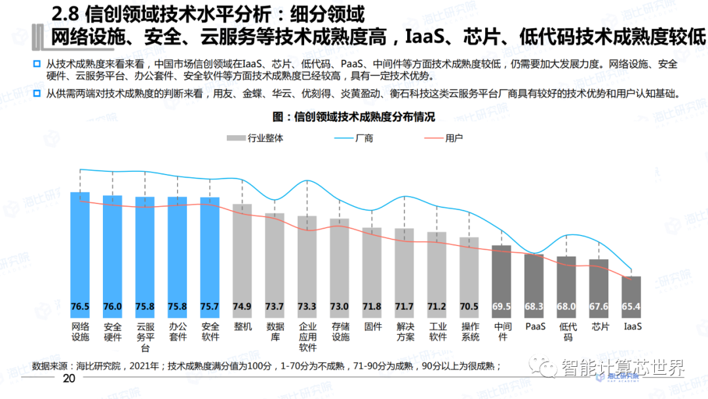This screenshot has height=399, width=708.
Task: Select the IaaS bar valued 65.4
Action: [x=631, y=295]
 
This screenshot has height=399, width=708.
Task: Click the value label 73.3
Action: [x=307, y=306]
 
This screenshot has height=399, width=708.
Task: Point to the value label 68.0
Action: [x=566, y=306]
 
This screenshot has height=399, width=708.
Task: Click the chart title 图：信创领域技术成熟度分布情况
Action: [x=354, y=116]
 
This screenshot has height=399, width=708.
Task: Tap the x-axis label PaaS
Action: [x=534, y=326]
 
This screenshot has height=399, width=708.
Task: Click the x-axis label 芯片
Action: [x=599, y=326]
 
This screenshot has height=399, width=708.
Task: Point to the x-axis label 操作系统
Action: [x=469, y=331]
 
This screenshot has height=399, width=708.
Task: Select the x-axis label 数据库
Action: [x=275, y=331]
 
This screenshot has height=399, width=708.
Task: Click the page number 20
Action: [x=69, y=379]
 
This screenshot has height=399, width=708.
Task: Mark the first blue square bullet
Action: [x=37, y=64]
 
